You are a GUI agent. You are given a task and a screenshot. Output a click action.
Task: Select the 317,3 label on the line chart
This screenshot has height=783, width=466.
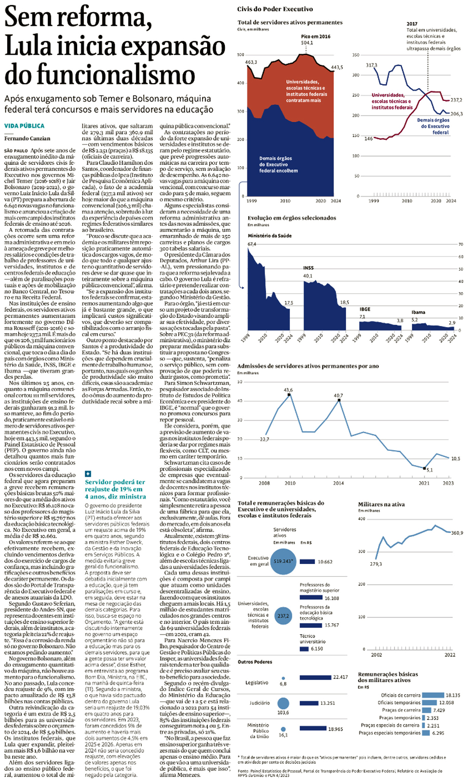[372, 65]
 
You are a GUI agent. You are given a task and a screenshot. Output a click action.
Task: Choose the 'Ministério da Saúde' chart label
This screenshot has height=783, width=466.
[269, 236]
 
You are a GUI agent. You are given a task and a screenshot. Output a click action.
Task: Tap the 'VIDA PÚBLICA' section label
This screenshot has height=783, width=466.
[24, 125]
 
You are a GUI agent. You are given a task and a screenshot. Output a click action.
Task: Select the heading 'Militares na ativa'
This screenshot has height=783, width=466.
[381, 505]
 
